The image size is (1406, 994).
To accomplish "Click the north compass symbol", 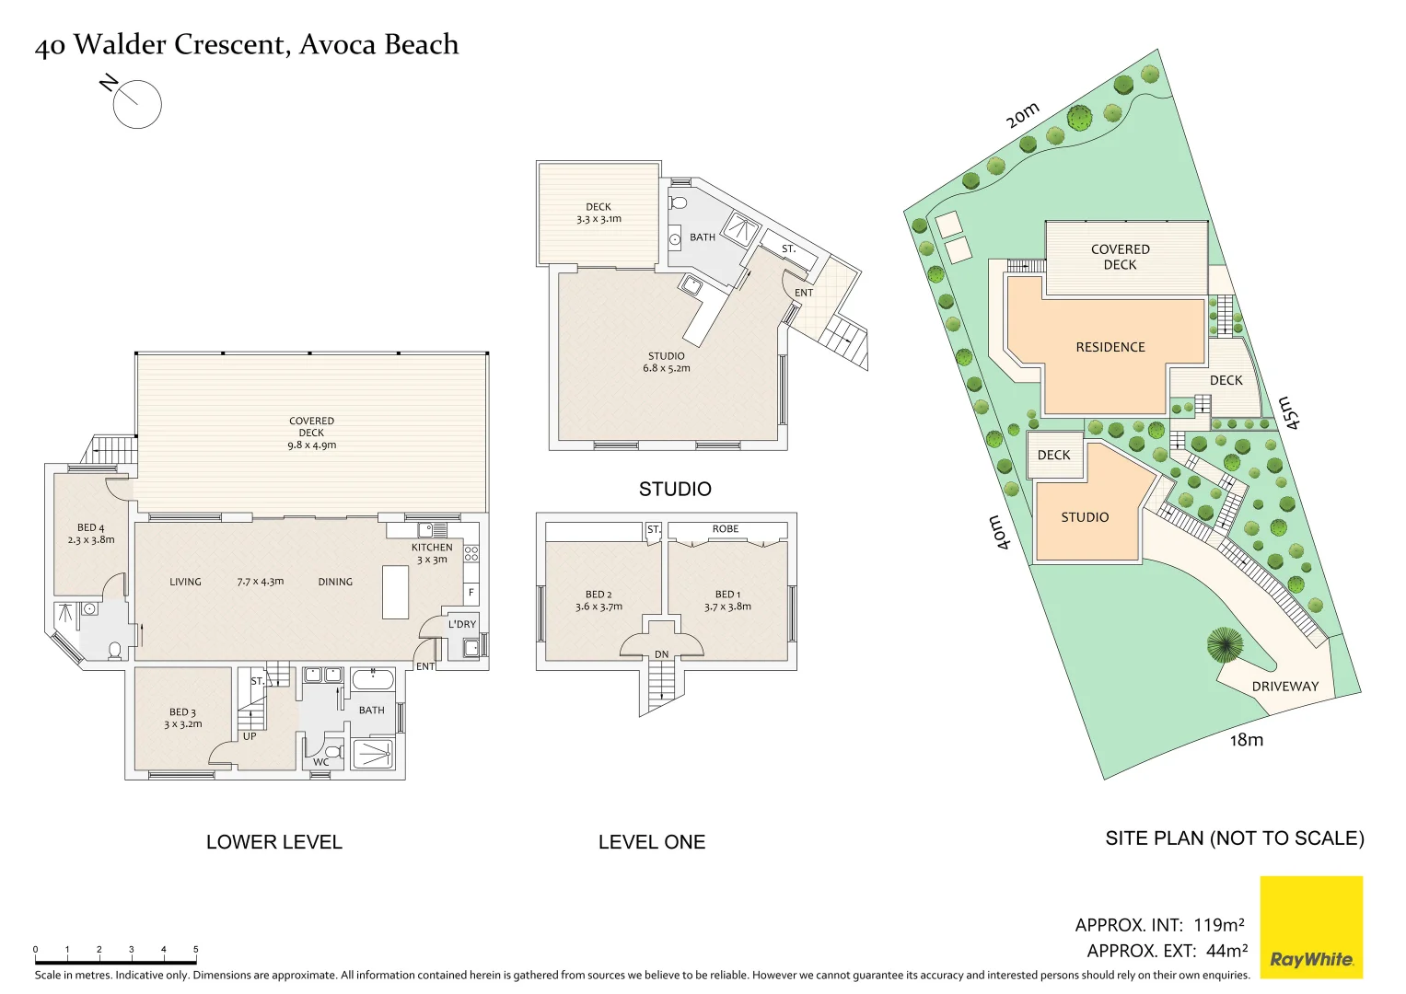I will point(136,103).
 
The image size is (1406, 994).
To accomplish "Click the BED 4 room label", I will point(91,534).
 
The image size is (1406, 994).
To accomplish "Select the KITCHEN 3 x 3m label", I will point(432,553).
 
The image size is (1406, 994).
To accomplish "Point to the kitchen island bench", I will point(395,592).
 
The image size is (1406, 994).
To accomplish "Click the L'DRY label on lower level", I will point(462,624).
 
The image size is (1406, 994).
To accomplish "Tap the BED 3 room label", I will point(182,718).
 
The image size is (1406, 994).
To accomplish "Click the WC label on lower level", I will point(320,762).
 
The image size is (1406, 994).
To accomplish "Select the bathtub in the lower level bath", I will point(373,681).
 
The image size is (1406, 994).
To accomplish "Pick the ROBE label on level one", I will point(726,529).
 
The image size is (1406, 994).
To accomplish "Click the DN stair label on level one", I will point(661,654).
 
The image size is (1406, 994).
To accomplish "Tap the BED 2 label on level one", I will point(598,600).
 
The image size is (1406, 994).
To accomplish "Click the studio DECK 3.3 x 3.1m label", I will point(598,213).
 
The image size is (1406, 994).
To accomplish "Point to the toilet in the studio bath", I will point(679,202).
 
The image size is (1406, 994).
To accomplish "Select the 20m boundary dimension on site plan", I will point(1022,115).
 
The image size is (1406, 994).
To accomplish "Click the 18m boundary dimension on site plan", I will point(1247,740).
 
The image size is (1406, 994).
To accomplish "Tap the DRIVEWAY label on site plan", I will point(1284,687).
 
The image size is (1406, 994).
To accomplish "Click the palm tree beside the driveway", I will point(1225,644).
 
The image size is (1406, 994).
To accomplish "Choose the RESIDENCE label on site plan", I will point(1110,347).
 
